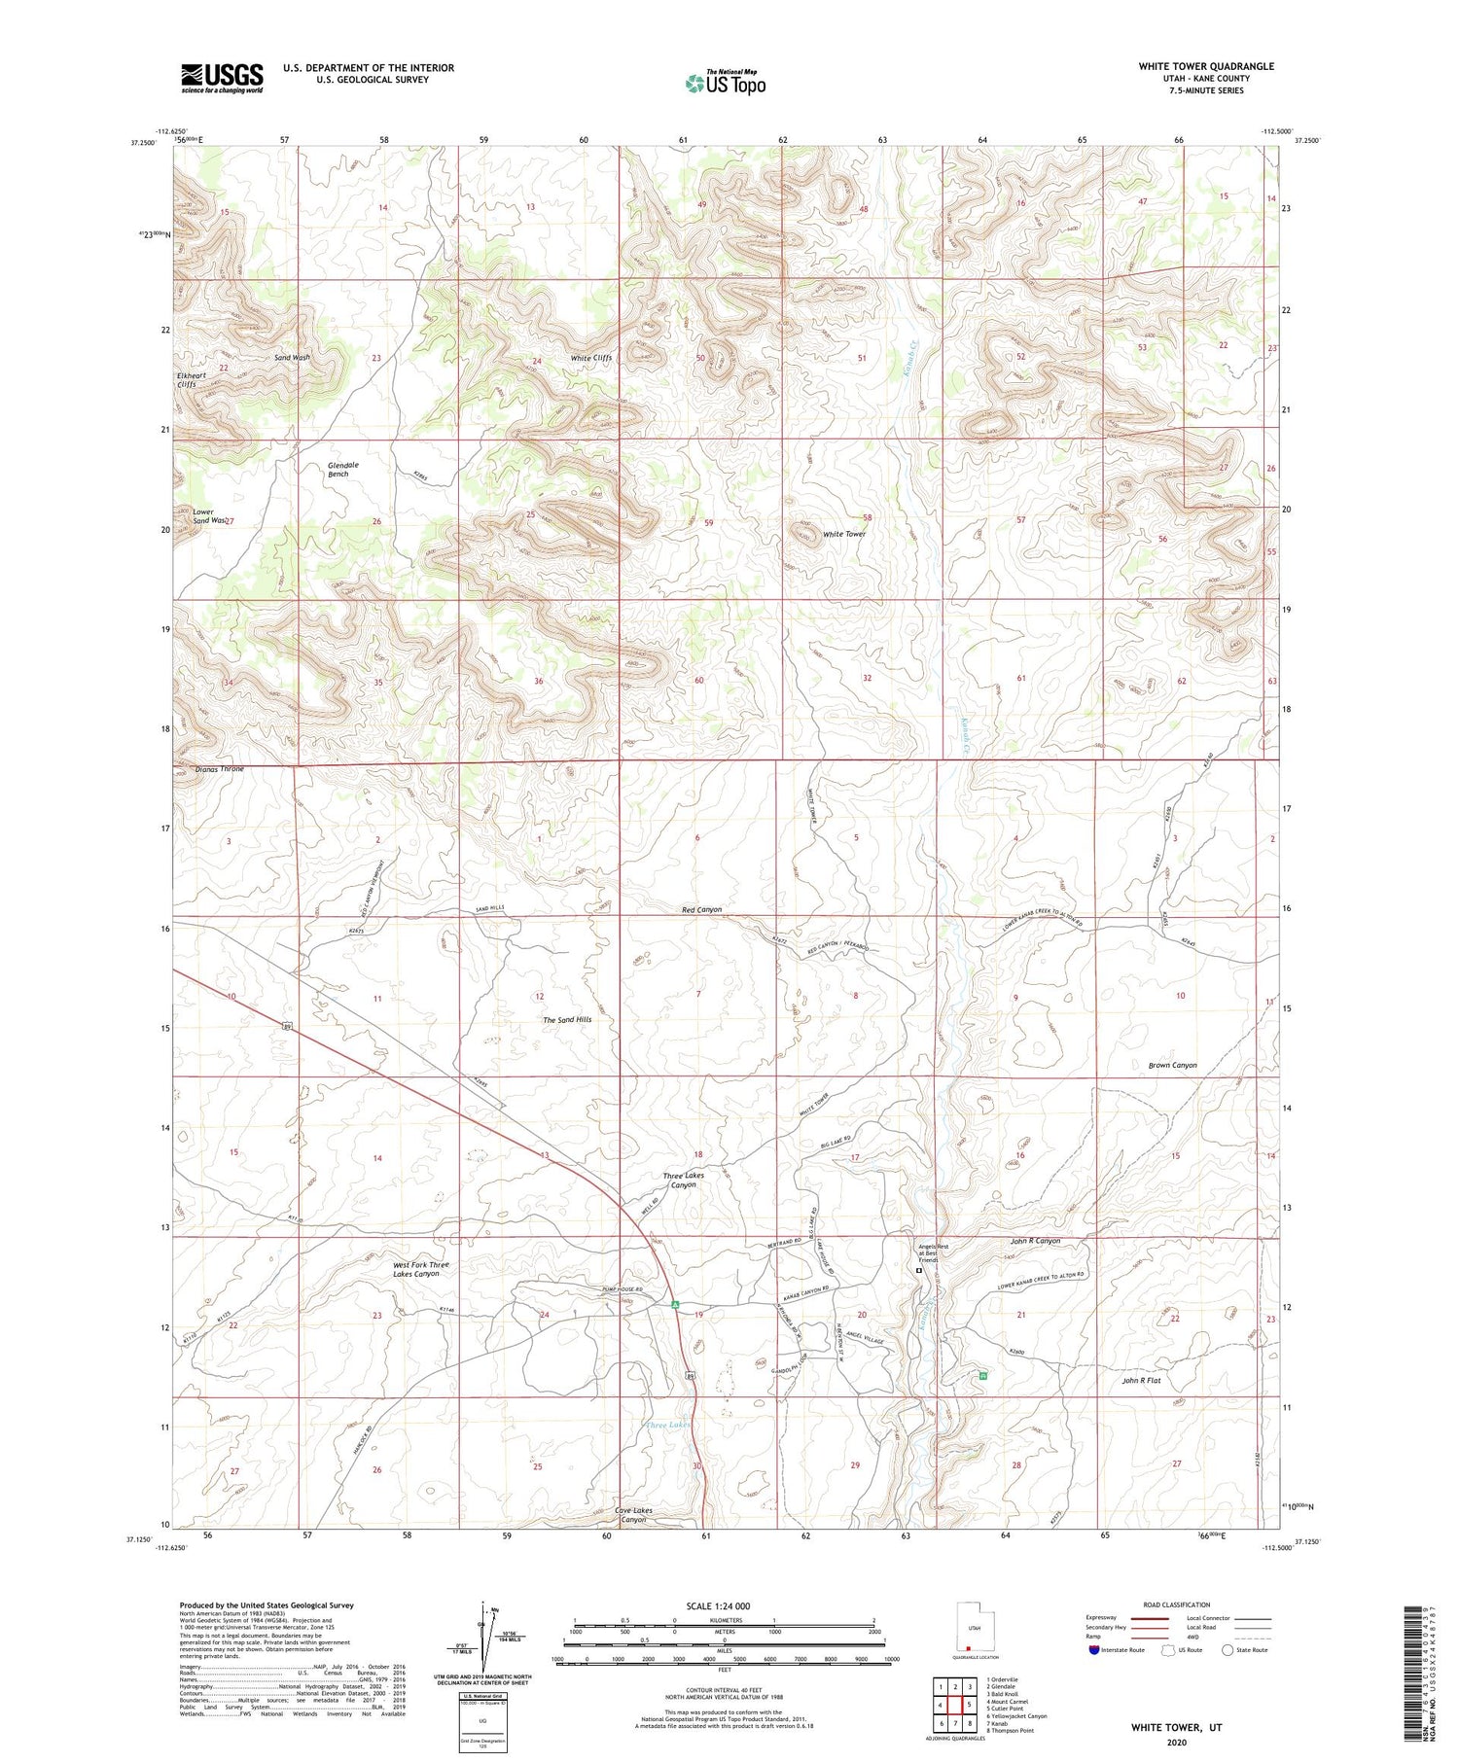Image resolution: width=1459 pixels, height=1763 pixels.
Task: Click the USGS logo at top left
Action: pyautogui.click(x=222, y=78)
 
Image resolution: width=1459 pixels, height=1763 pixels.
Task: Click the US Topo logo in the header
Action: pyautogui.click(x=726, y=84)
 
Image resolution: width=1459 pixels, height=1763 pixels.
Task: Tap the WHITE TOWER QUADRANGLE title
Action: pyautogui.click(x=1205, y=66)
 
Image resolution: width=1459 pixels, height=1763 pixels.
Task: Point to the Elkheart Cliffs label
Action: pyautogui.click(x=187, y=379)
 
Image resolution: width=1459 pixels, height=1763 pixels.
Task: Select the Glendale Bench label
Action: pyautogui.click(x=343, y=469)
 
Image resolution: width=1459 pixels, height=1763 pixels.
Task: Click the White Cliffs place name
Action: pyautogui.click(x=590, y=358)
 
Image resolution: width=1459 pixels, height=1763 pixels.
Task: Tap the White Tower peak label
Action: pyautogui.click(x=843, y=534)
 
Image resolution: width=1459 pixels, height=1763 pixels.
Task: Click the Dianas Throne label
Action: pyautogui.click(x=219, y=768)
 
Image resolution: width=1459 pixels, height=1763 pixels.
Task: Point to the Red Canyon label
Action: pyautogui.click(x=701, y=909)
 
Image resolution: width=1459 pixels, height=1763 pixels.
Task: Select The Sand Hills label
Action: pyautogui.click(x=567, y=1019)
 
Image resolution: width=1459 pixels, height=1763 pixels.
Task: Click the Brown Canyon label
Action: pyautogui.click(x=1172, y=1065)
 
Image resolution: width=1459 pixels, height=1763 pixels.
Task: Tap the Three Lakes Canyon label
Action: pyautogui.click(x=683, y=1180)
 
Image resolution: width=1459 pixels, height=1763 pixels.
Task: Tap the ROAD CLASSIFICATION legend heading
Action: pyautogui.click(x=1176, y=1604)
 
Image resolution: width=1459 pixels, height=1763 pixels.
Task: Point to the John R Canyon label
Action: pyautogui.click(x=1035, y=1241)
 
